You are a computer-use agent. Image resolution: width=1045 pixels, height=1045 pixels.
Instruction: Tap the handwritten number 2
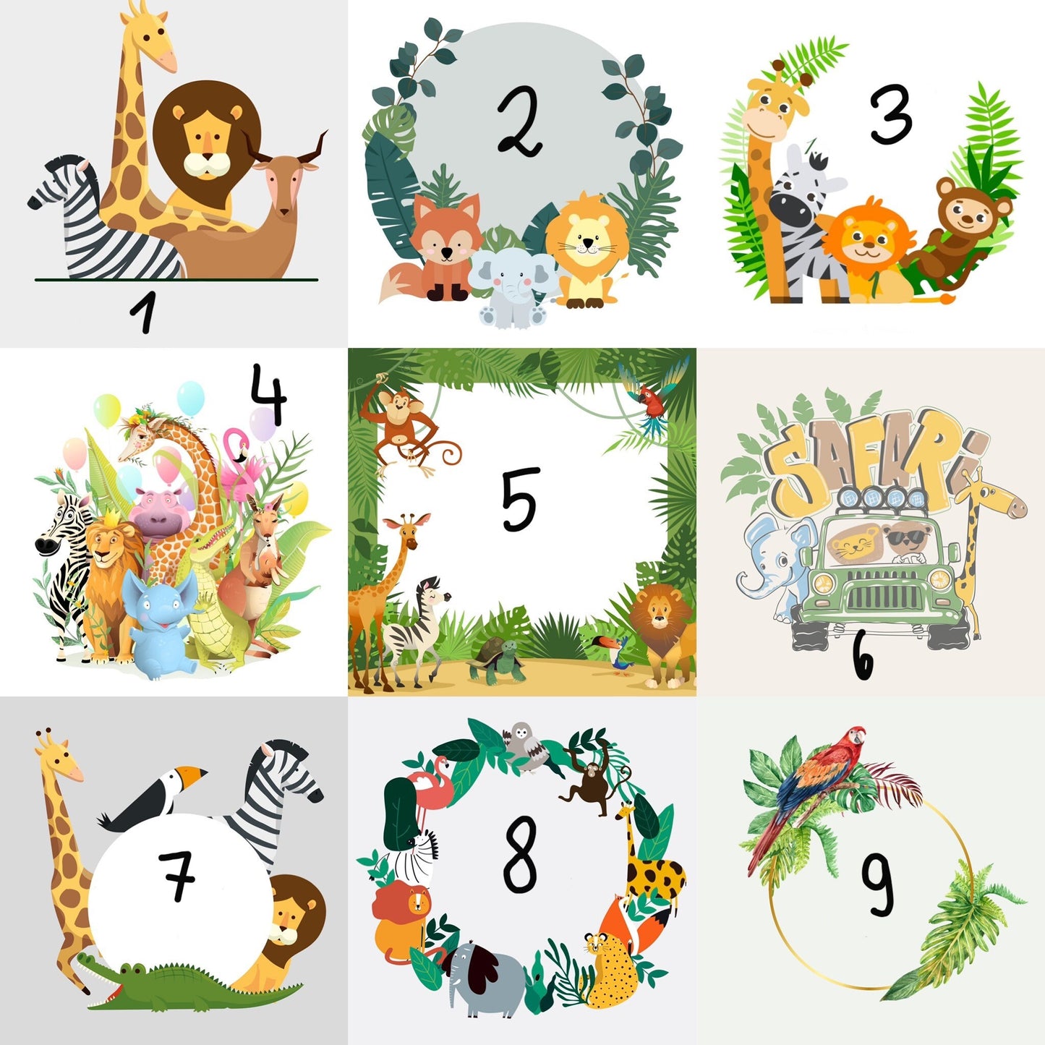[520, 121]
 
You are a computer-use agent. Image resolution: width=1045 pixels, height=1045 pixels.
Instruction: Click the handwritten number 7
[178, 875]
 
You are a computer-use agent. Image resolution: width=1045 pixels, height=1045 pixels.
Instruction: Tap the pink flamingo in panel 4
[239, 463]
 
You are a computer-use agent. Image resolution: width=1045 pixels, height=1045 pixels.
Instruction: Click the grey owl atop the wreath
[522, 745]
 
